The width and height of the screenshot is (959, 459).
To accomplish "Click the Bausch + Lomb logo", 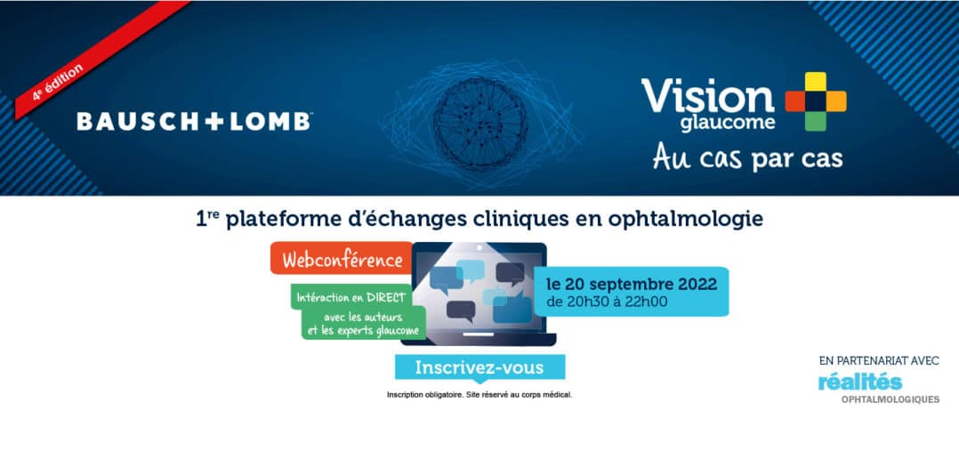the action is [194, 122].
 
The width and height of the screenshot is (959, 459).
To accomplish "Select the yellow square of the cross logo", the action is [815, 81].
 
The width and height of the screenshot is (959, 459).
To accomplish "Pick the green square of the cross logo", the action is [815, 122].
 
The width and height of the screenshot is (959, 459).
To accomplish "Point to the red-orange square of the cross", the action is [794, 101].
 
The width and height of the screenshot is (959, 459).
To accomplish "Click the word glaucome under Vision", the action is [727, 123].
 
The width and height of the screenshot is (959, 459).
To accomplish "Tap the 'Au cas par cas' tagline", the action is [747, 157].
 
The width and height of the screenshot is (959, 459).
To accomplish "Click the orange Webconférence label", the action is [342, 260].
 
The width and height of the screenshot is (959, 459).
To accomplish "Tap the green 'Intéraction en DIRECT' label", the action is [351, 298].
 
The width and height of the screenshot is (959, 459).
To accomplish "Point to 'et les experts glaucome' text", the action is [363, 331].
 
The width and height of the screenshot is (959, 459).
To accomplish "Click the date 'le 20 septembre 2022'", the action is [633, 284].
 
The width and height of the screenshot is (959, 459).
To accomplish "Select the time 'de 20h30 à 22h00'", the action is [608, 302].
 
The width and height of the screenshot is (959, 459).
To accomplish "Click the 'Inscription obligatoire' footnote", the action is [479, 395].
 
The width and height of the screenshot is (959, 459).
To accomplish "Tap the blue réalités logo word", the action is [860, 382].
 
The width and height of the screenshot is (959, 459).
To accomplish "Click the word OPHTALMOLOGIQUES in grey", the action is [890, 399].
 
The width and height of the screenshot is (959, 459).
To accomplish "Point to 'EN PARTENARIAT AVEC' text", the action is [879, 361].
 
